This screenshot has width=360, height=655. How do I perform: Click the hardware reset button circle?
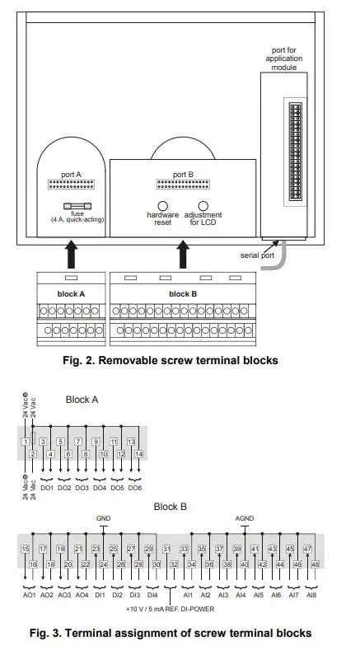click(x=163, y=206)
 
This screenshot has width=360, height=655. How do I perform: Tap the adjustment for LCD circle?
click(x=203, y=206)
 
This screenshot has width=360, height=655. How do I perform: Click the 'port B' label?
click(x=183, y=175)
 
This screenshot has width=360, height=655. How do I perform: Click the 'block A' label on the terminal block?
click(x=71, y=293)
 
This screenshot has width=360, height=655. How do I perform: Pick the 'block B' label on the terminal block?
click(x=183, y=293)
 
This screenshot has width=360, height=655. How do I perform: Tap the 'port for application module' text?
click(x=284, y=59)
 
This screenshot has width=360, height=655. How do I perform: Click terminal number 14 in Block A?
click(x=138, y=454)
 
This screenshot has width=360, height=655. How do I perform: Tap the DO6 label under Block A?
click(x=134, y=488)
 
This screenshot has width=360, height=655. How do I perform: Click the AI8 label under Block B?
click(x=311, y=594)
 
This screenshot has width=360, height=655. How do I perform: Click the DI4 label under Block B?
click(x=152, y=594)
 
